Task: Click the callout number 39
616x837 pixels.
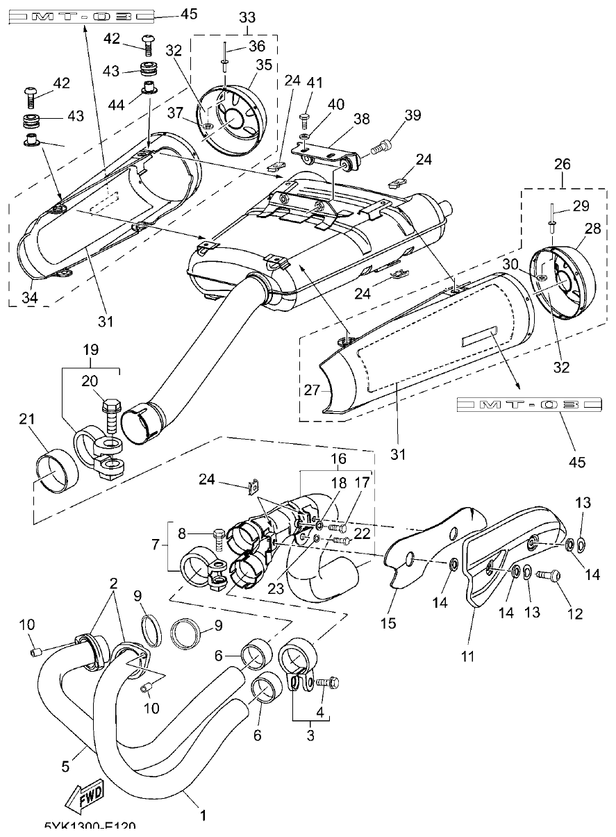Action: [x=413, y=115]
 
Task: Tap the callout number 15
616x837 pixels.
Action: [x=388, y=623]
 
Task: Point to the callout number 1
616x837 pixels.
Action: [x=203, y=816]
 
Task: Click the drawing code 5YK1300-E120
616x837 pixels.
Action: [x=90, y=827]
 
